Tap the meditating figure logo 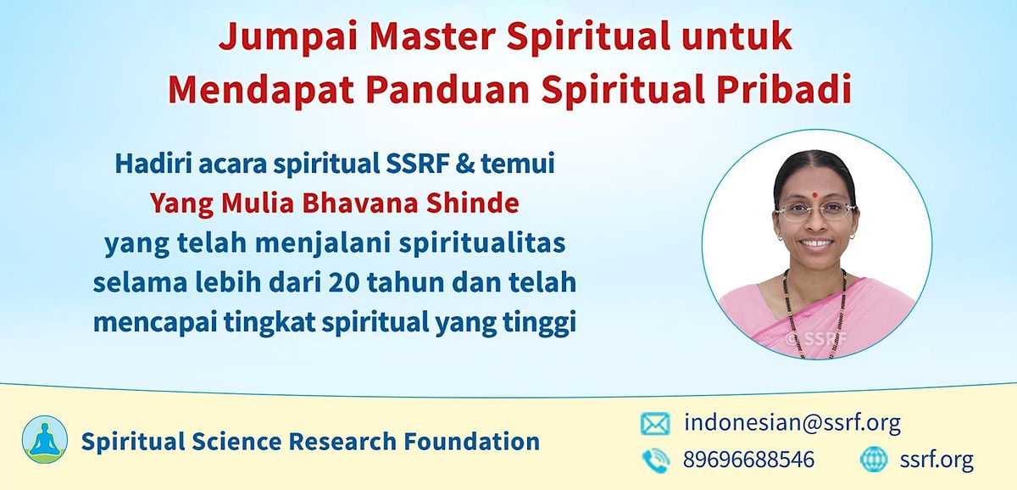coord(45,439)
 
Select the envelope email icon coord(654,422)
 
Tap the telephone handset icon coord(654,459)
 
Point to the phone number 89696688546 coord(748,459)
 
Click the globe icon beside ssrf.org coord(873,459)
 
